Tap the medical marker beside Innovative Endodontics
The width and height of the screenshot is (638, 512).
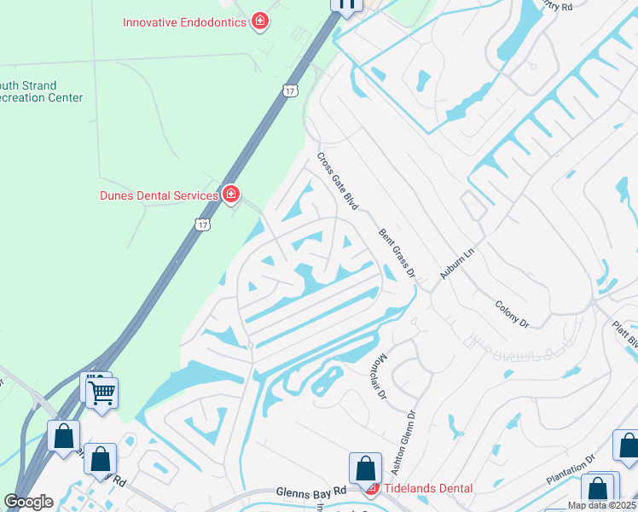coord(260,21)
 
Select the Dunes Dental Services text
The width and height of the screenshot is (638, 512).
coord(159,196)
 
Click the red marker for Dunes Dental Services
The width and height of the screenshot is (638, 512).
coord(229,196)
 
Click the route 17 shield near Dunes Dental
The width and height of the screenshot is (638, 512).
coord(201,224)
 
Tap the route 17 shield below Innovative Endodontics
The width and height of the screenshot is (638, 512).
coord(291,90)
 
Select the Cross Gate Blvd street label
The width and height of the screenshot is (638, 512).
coord(337,182)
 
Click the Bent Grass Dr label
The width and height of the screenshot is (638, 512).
coord(397,253)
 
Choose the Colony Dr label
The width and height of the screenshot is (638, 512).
coord(512,314)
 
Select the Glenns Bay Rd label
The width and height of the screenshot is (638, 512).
coord(311,492)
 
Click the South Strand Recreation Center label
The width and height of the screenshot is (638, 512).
coord(41,92)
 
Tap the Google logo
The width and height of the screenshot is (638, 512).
coord(29,502)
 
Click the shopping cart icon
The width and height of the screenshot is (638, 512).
coord(101,393)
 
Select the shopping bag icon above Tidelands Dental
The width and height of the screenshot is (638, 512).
coord(365,468)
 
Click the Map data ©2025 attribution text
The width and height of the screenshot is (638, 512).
coord(602,505)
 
